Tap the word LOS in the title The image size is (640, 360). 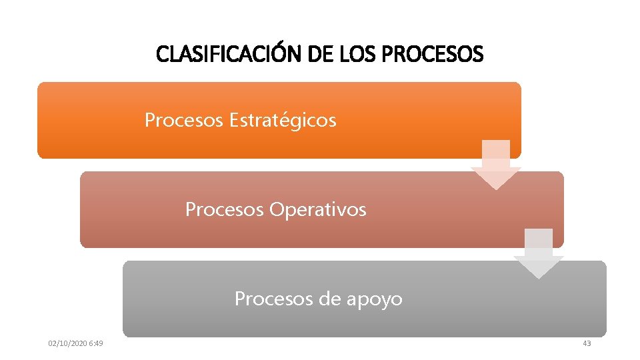pos(357,54)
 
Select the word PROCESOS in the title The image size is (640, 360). pos(433,54)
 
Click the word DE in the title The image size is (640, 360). pos(321,54)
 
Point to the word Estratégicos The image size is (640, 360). pos(283,121)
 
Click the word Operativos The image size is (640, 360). pos(318,210)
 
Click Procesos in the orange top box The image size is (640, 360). pos(184,121)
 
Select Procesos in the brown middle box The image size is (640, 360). pos(225,210)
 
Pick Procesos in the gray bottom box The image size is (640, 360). pos(274,299)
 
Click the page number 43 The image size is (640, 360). pos(587,343)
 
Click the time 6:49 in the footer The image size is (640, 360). pos(95,343)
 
